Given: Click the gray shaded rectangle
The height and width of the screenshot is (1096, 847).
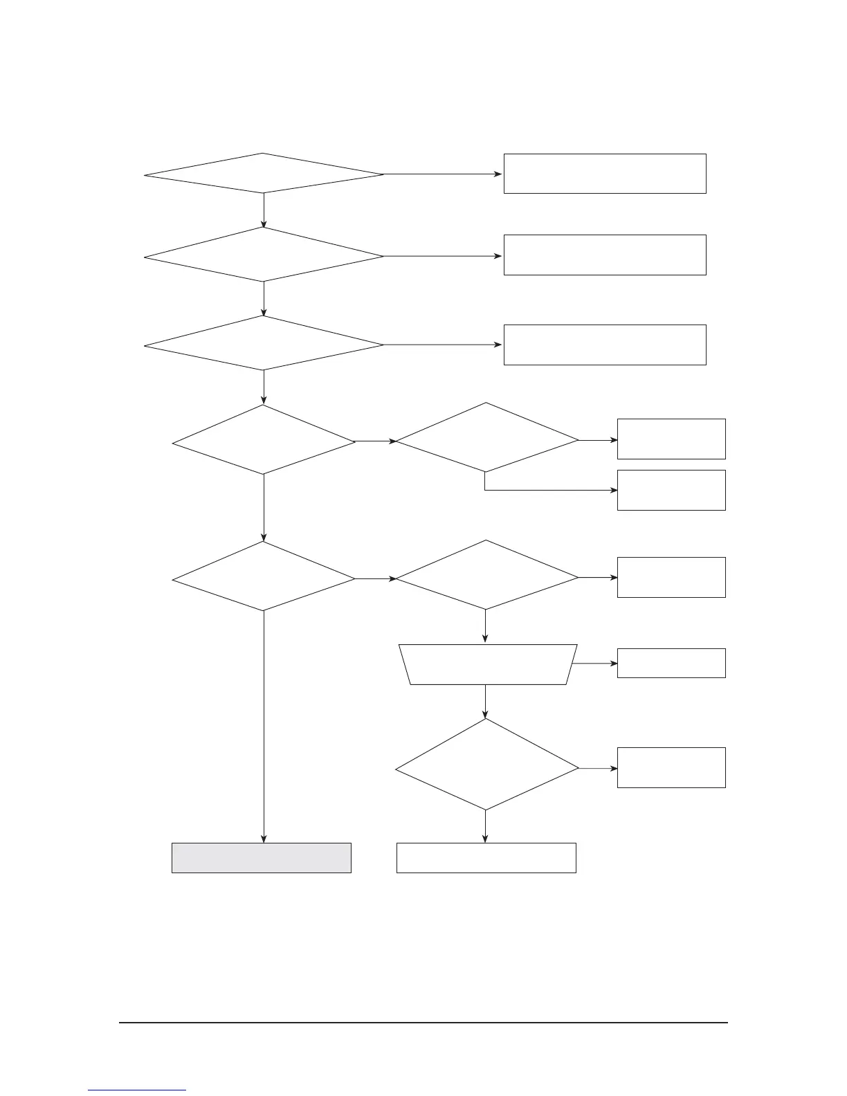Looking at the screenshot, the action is pos(262,857).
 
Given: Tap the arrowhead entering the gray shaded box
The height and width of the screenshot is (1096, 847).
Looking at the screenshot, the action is pos(264,839).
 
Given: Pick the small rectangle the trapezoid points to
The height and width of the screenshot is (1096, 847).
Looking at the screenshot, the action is pos(671,663).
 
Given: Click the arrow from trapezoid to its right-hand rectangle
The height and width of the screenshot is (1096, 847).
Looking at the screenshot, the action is pos(595,663).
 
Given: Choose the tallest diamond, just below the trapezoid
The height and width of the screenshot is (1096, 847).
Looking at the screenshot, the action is pos(486,765).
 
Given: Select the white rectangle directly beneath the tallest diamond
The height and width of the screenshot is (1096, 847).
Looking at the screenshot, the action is pos(486,857).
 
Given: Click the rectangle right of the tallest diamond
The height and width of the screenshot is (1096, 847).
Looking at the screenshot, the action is pos(671,767).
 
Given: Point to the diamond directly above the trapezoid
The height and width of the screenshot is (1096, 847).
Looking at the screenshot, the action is pos(486,575).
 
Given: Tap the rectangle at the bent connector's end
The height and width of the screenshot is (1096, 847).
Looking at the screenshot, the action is pos(671,490).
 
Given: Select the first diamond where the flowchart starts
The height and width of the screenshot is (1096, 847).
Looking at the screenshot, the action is pos(264,174).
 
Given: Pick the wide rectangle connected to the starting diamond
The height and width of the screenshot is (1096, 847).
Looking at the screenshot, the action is pos(604,174).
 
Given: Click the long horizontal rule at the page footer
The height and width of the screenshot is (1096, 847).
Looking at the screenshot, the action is pos(423,1022).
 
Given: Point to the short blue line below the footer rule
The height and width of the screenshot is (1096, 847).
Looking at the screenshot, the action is pos(137,1090).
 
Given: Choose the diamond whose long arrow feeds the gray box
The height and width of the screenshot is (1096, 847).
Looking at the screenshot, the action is pos(264,576).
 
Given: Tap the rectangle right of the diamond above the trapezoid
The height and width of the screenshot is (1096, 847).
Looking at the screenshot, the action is pos(671,577).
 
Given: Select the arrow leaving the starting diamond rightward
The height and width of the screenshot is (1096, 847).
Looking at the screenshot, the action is pos(443,174).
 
